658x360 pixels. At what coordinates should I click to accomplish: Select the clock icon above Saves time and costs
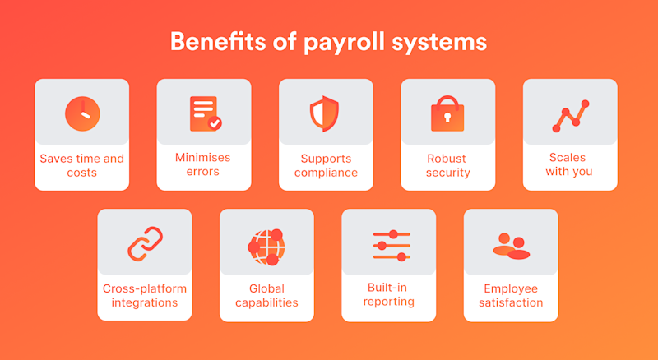click(x=82, y=113)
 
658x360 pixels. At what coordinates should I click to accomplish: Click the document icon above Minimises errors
click(x=204, y=113)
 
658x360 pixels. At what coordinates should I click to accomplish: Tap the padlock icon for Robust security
click(x=447, y=113)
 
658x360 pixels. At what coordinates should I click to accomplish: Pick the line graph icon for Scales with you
click(x=570, y=116)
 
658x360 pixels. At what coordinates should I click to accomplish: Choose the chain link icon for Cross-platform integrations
click(x=145, y=243)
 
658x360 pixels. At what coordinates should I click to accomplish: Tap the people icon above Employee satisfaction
click(x=511, y=245)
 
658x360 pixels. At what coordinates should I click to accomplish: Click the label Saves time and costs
click(x=82, y=165)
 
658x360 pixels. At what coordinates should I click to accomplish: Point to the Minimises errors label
click(x=203, y=164)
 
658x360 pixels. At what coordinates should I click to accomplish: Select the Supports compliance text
click(x=326, y=165)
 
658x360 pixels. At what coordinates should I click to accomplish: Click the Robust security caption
click(x=447, y=165)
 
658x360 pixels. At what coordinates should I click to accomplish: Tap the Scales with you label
click(x=569, y=164)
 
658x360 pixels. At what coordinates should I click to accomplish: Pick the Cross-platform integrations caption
click(x=145, y=296)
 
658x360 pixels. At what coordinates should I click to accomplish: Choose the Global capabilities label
click(x=266, y=296)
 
